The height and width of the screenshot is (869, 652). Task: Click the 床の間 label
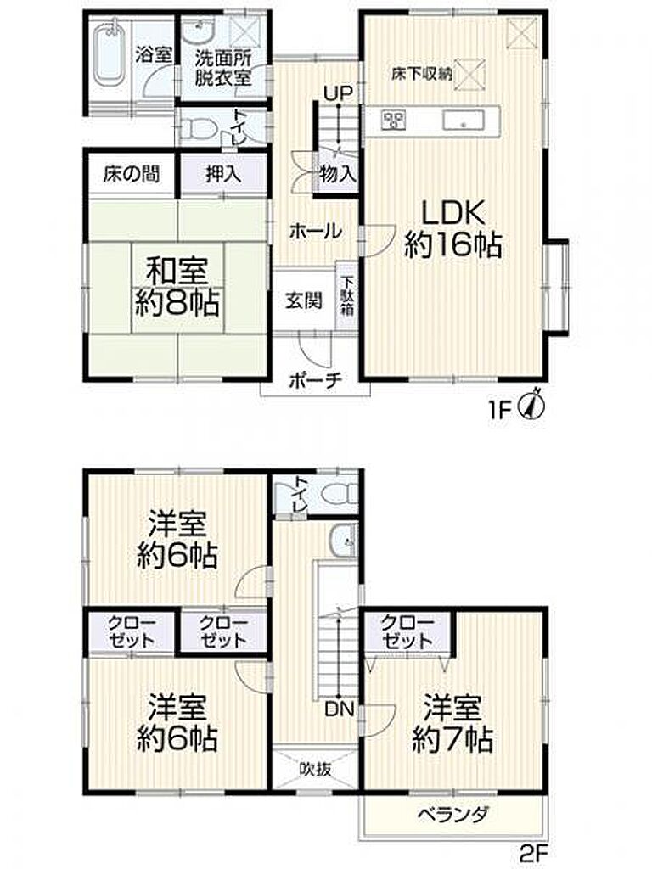click(x=132, y=174)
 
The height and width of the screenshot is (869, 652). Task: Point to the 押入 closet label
click(x=223, y=174)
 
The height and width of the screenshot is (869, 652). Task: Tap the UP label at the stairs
click(x=338, y=93)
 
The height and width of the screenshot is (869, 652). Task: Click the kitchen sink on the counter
click(x=464, y=120)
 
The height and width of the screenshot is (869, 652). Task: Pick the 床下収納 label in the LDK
click(x=422, y=75)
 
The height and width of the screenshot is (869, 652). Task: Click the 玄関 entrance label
click(x=303, y=301)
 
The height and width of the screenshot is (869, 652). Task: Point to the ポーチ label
click(x=316, y=381)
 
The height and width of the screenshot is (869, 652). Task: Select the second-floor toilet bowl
click(x=340, y=493)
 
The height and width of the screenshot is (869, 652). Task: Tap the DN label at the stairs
click(x=339, y=709)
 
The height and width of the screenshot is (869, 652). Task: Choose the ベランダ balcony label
click(x=453, y=815)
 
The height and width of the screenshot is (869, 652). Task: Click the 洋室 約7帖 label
click(x=452, y=723)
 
